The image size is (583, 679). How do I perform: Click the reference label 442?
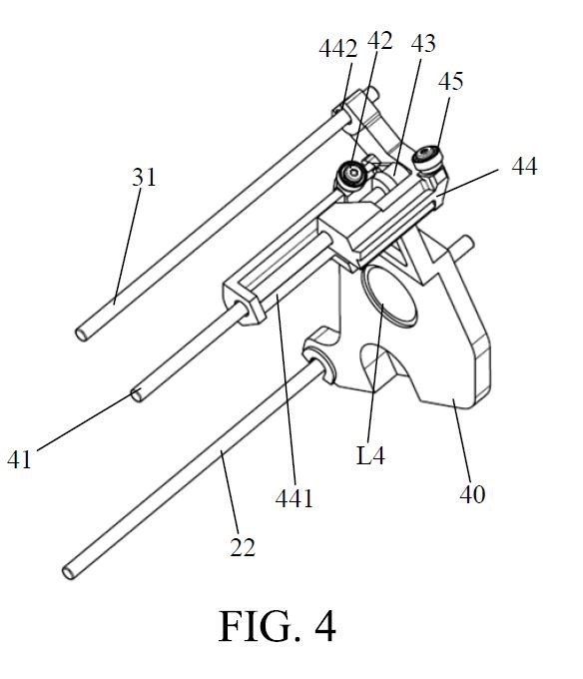coord(338,48)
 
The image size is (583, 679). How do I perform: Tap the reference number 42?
coord(379,41)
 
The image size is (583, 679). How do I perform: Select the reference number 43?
coord(423,43)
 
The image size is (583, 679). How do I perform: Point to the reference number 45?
coord(450,81)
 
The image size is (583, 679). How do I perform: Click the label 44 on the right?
coord(524,166)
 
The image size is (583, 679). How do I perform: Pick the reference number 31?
coord(144,177)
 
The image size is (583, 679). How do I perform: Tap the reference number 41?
coord(20,459)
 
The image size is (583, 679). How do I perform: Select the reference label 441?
coord(293,498)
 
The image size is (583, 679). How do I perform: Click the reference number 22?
coord(243,547)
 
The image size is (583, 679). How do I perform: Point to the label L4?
coord(370,455)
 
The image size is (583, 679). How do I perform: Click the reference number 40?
coord(472,494)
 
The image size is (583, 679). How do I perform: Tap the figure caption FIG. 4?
coord(277,626)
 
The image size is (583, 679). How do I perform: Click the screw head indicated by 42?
coord(351,174)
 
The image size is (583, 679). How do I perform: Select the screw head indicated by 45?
coord(428,158)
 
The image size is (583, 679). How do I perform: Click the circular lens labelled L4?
coord(388,296)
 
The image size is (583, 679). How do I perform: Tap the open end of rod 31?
coord(82,335)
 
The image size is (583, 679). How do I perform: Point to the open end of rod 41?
coord(137,395)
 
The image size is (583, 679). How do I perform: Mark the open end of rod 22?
coord(69,572)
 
